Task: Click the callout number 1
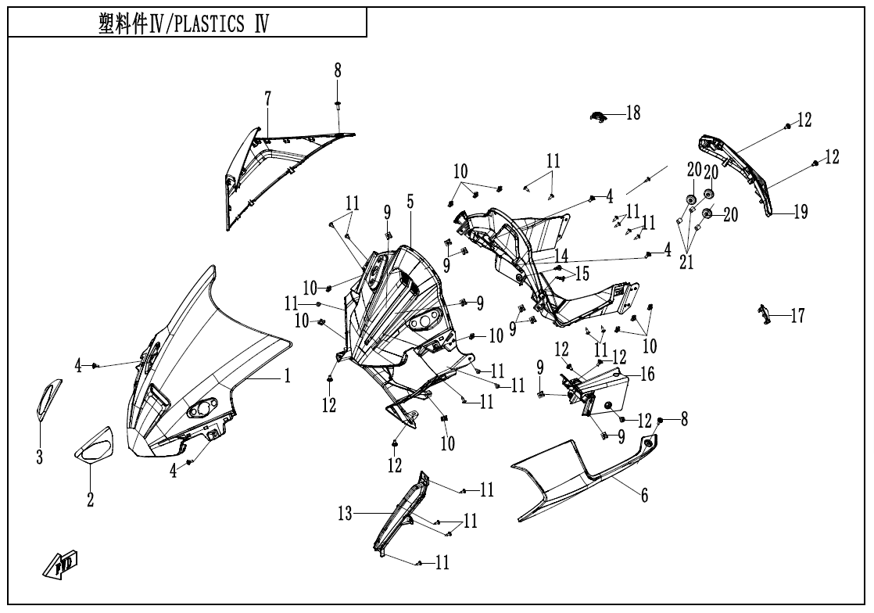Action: [287, 377]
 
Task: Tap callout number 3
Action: [39, 457]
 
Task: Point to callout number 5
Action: [410, 202]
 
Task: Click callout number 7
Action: [267, 99]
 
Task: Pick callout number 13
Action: [345, 513]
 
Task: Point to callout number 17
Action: [797, 317]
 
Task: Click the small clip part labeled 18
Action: [598, 117]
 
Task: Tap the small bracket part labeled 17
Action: [764, 314]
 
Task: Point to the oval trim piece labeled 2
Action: [93, 444]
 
